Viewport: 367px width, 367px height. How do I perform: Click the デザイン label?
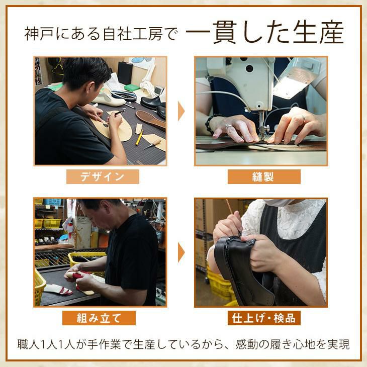coord(103,176)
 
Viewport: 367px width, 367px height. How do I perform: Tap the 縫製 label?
coord(264,176)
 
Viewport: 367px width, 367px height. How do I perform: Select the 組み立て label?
coord(99,318)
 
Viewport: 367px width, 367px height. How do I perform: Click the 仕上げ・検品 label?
coord(264,318)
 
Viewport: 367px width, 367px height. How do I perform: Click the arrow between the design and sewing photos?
coord(181,111)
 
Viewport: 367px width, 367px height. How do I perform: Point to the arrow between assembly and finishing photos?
coord(181,252)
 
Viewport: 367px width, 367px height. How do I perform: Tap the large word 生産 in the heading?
coord(318,32)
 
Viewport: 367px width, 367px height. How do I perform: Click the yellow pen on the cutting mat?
coord(139,137)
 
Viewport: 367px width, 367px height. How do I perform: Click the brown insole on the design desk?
coord(150,120)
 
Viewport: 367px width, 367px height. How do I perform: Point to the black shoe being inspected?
coord(243,271)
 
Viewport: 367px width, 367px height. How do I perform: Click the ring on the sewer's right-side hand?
coord(303,118)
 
